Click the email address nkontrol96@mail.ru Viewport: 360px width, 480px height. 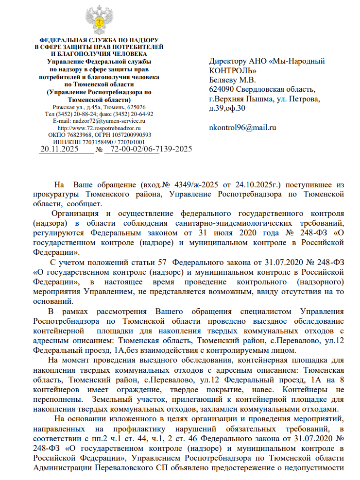242,128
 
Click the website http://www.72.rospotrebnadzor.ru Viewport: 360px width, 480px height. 99,128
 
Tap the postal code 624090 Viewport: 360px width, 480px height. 221,89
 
